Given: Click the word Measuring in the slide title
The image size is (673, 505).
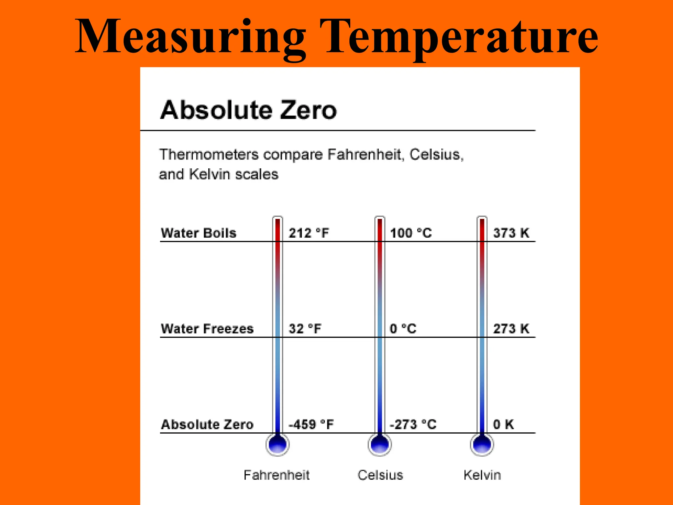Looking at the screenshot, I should (191, 37).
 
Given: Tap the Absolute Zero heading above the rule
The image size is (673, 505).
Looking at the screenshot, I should (248, 110).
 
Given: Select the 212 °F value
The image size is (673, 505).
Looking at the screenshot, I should (309, 233).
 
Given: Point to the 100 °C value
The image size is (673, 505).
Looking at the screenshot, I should (411, 233).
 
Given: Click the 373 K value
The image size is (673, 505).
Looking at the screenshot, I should (511, 233).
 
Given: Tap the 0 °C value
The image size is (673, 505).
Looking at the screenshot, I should (403, 329).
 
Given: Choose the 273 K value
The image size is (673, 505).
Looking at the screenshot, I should (511, 329).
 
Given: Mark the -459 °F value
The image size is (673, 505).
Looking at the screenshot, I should (311, 424).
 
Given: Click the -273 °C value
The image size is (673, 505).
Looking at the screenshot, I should (413, 424).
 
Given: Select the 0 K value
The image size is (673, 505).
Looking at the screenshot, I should (503, 424).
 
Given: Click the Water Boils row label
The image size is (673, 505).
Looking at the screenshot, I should (198, 233).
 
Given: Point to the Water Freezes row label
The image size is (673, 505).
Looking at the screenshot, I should (207, 329).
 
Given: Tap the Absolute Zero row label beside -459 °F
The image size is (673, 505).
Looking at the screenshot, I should (207, 424).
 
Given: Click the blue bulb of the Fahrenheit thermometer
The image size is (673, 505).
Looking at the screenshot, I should (278, 445).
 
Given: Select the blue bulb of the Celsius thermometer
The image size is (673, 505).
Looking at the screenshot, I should (380, 445).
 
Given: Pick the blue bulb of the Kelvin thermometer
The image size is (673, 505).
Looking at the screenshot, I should (482, 445).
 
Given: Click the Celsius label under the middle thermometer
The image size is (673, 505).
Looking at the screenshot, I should (380, 475).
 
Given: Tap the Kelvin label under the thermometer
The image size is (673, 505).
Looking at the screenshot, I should (482, 475).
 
